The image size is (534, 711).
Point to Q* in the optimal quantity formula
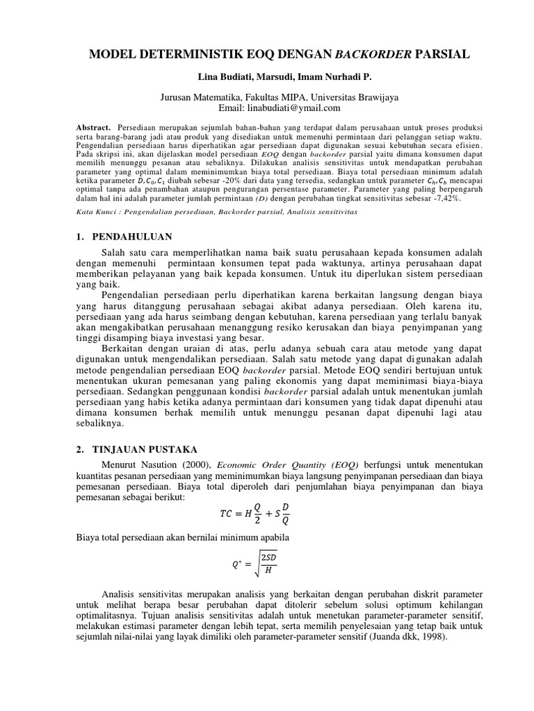(236, 564)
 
